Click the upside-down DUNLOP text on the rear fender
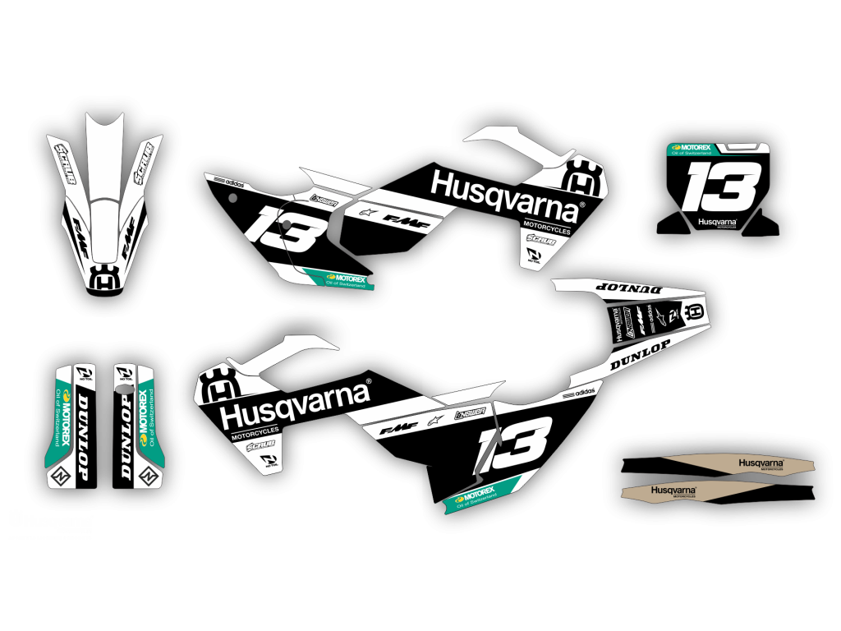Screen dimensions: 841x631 pyautogui.click(x=626, y=288)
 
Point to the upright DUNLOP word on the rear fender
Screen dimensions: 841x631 pyautogui.click(x=641, y=353)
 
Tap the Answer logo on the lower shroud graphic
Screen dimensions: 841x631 pyautogui.click(x=472, y=409)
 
